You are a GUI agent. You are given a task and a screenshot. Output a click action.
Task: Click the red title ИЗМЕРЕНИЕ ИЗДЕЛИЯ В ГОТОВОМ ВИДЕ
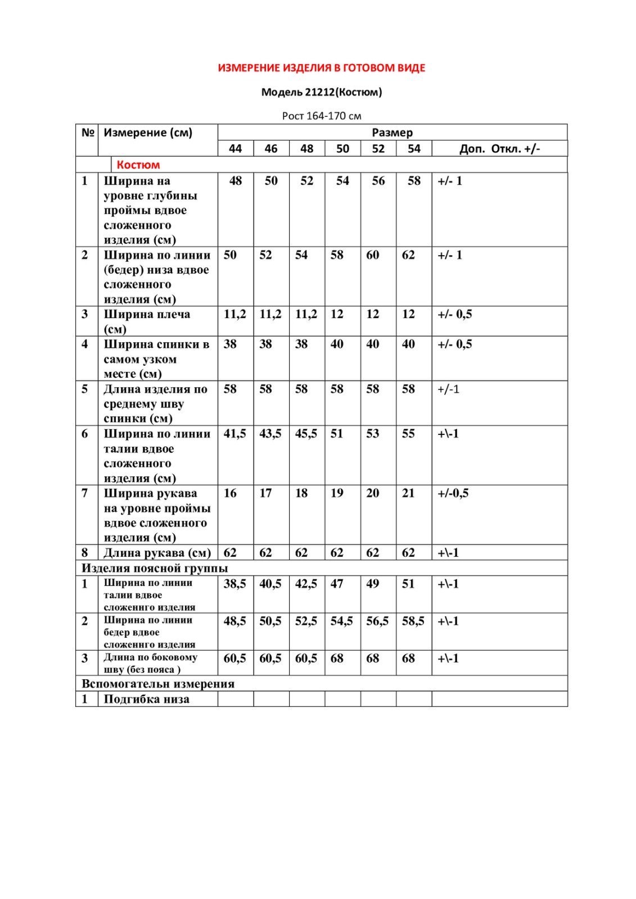321,68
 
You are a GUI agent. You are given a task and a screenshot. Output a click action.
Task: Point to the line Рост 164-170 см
321,116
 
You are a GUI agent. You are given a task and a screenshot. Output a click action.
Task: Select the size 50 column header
342,148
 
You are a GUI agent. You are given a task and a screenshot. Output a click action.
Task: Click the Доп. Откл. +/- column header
499,148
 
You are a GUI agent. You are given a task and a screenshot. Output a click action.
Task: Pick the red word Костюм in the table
138,165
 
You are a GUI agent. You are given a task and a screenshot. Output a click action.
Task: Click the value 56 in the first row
378,181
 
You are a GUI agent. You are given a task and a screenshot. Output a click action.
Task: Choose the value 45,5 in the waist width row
306,434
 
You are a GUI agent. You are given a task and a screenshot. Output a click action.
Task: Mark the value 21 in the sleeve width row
408,493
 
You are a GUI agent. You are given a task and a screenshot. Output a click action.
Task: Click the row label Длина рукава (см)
157,553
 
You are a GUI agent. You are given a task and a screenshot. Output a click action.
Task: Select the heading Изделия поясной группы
155,568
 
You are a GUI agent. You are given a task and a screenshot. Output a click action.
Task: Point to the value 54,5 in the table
342,621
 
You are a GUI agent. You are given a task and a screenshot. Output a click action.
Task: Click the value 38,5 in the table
235,584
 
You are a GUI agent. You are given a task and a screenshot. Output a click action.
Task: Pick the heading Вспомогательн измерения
158,684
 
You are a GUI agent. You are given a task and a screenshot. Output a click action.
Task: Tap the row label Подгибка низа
146,699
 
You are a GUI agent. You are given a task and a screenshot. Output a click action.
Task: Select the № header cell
87,133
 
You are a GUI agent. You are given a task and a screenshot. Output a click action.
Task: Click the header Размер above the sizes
392,133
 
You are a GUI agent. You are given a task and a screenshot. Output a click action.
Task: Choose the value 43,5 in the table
270,434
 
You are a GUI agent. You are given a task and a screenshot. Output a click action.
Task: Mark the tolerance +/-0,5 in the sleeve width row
453,493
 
